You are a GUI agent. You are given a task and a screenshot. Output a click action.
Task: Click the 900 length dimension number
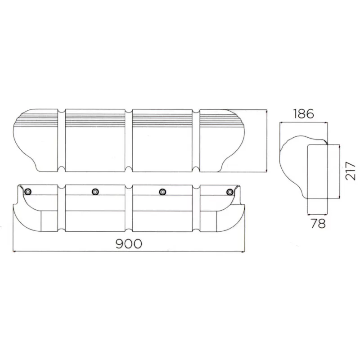pos(129,243)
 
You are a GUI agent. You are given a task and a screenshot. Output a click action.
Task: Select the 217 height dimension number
pos(351,171)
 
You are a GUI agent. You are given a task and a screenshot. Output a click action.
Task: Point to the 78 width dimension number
pos(318,223)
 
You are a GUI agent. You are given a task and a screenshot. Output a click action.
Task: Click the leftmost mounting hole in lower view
pos(29,192)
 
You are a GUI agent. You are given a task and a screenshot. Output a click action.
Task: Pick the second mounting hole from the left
pos(95,192)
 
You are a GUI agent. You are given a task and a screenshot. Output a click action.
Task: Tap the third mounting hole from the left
pos(162,192)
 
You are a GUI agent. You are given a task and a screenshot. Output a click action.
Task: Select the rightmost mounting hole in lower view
pos(230,192)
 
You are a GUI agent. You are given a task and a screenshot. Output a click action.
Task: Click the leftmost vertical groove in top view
pos(62,140)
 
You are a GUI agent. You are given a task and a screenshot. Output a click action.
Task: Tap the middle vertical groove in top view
pos(129,140)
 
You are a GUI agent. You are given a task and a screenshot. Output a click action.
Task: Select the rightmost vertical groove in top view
pos(196,140)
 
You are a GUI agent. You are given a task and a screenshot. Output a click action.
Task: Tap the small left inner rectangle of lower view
pos(48,220)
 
